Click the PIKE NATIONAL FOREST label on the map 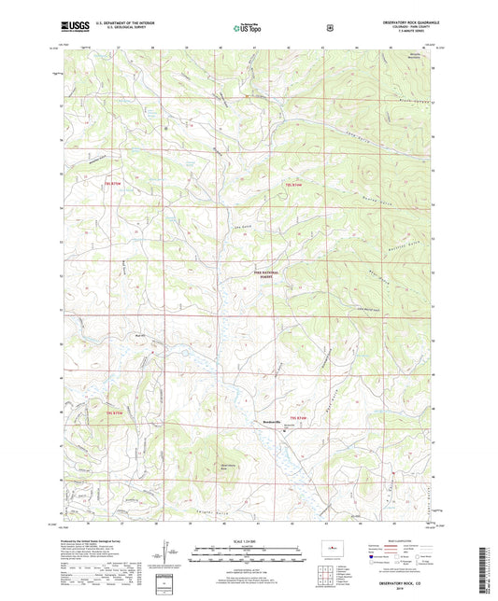(x=267, y=275)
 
